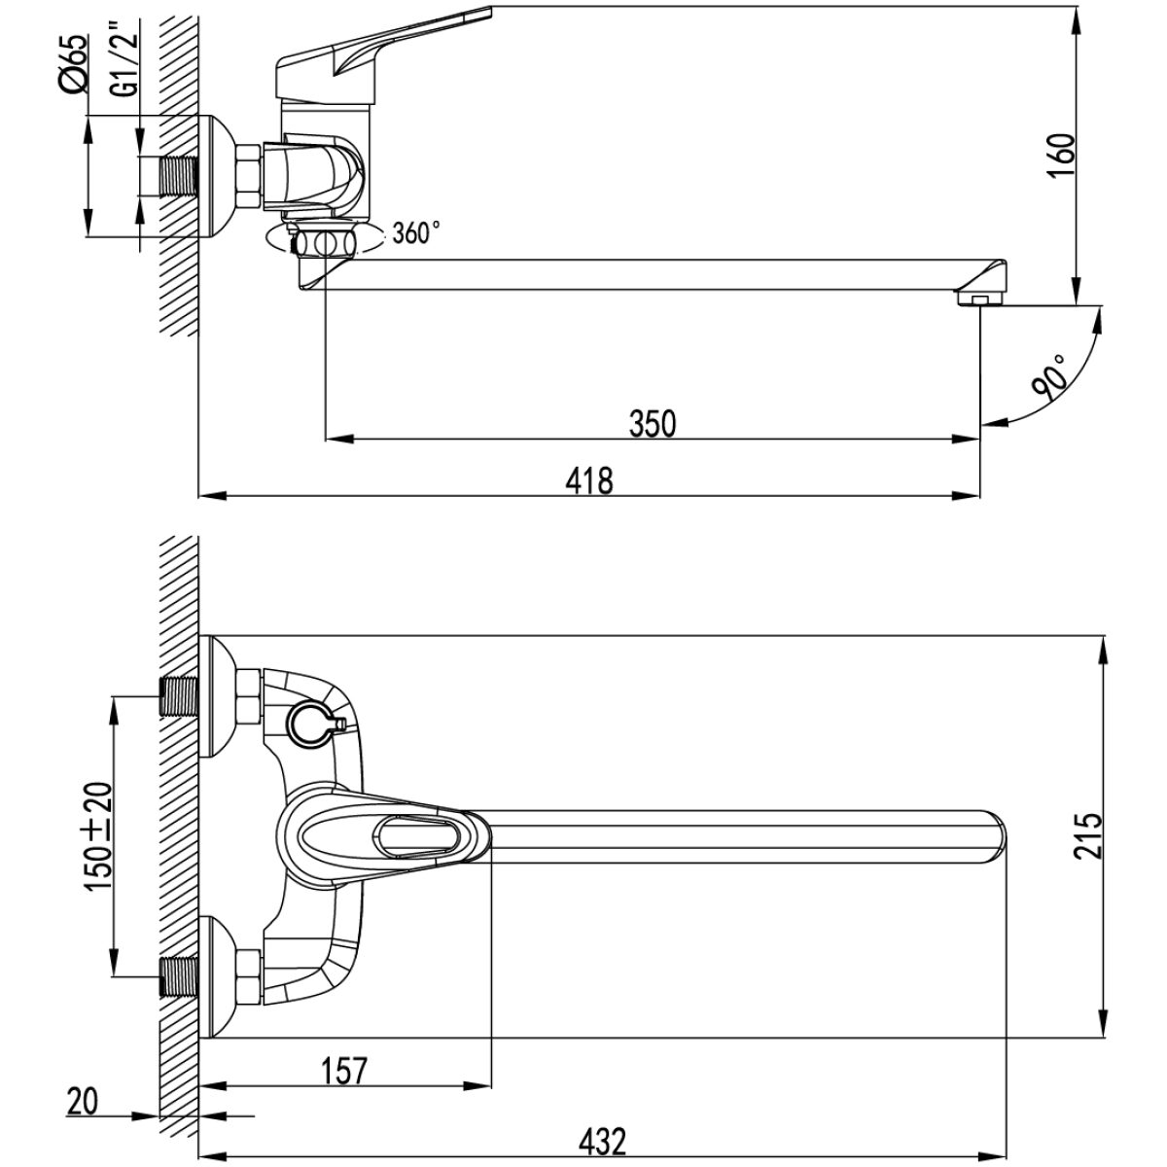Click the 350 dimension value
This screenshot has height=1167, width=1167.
(653, 423)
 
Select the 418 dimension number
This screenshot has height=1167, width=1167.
(589, 480)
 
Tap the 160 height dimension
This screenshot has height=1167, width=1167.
(1062, 155)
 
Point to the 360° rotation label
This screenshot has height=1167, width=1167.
(416, 232)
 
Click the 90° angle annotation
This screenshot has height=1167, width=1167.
(1049, 377)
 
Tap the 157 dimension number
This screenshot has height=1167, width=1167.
(343, 1071)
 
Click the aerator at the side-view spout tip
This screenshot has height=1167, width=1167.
(979, 298)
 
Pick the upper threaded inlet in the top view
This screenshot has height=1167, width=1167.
(179, 696)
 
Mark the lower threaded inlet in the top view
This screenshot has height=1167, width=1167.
(179, 976)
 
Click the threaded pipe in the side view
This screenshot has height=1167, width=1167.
(179, 176)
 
